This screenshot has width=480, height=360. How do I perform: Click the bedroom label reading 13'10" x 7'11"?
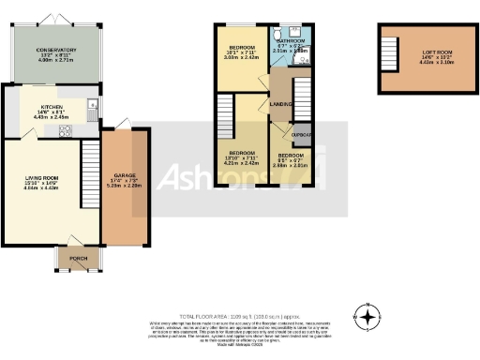click(242, 157)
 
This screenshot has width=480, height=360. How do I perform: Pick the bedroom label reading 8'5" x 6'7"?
click(290, 159)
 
